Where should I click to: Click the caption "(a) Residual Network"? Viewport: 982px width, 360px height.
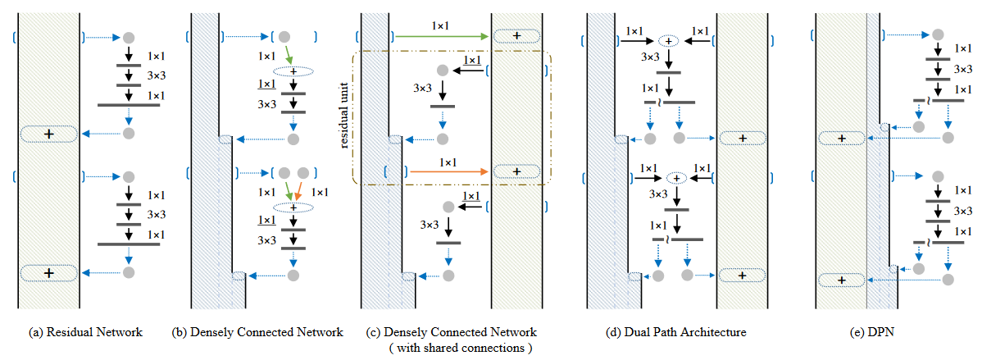point(85,332)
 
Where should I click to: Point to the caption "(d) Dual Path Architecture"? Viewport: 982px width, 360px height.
point(672,332)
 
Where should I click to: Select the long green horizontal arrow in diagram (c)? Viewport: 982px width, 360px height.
point(443,36)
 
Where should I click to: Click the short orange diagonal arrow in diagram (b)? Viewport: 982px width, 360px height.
point(301,190)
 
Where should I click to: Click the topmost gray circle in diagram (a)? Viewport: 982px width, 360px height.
point(127,37)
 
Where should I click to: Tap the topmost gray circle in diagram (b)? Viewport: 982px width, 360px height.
point(284,37)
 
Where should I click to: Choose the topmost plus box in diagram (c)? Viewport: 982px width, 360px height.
point(516,36)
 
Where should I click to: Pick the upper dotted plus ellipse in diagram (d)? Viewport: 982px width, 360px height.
point(670,40)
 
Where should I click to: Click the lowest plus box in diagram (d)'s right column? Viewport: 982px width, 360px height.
point(742,276)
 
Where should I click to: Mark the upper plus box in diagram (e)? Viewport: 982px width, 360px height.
point(841,139)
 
